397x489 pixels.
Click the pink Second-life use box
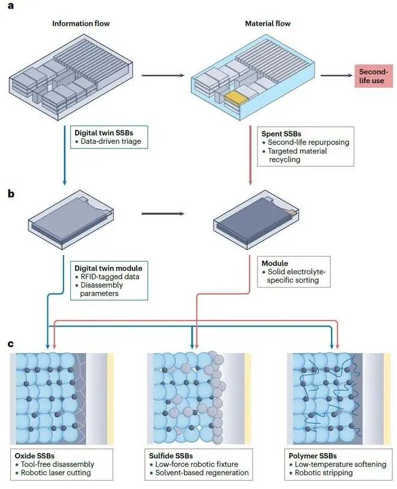click(374, 76)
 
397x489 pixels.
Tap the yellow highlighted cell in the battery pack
click(236, 96)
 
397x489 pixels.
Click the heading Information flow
click(81, 23)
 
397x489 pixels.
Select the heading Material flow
click(268, 23)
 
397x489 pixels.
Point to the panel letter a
click(11, 5)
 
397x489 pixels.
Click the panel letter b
click(11, 194)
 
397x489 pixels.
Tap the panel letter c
click(11, 343)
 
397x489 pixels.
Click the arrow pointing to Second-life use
click(336, 75)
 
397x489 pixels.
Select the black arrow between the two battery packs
click(163, 75)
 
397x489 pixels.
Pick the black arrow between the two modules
click(163, 214)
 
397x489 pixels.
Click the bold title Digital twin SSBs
click(104, 132)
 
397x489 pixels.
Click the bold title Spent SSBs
click(282, 134)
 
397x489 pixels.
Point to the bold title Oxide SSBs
click(35, 456)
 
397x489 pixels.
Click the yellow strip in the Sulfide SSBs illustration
click(248, 398)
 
